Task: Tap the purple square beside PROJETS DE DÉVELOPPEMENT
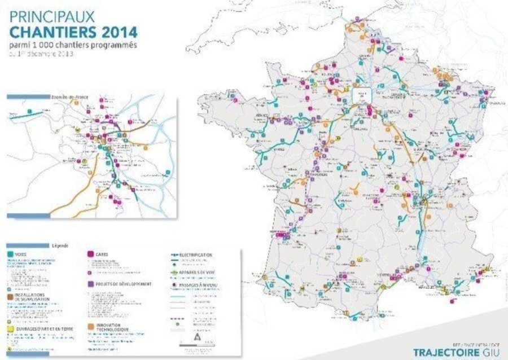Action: pos(91,284)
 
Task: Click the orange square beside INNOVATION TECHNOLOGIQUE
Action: pos(91,326)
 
